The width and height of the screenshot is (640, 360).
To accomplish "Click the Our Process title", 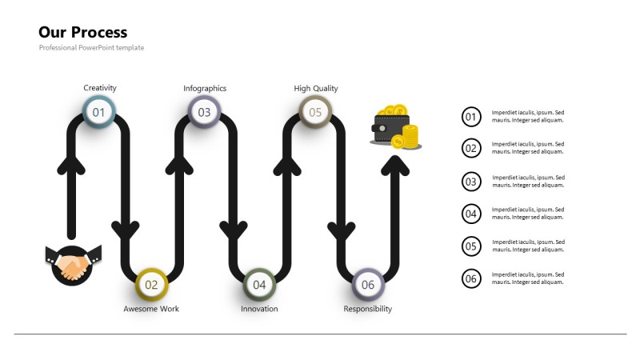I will coord(82,33).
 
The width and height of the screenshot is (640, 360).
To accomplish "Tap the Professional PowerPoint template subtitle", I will coord(91,48).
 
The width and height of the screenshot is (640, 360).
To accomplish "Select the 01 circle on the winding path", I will coord(98,112).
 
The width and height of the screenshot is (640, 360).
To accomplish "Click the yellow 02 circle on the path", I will coord(151,284).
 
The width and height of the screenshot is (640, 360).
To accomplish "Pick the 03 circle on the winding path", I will coord(204,112).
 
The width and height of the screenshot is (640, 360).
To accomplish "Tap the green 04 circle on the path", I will coord(259,284).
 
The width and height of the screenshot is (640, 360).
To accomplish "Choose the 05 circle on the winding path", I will coord(315,112).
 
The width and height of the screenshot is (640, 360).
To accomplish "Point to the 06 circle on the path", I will coord(368,284).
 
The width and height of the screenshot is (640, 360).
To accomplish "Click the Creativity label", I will coord(100,88).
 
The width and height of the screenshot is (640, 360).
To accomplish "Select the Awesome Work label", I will coord(151,309).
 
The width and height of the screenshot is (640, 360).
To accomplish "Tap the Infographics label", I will coord(205,88).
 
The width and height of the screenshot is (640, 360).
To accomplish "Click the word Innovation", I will coord(259,309).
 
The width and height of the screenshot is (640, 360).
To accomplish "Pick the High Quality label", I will coord(316,88).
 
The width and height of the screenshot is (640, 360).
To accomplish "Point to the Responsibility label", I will coord(368,309).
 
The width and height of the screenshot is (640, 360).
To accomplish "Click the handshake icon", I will coord(72,264).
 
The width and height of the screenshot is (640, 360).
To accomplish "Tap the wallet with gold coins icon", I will coord(395,128).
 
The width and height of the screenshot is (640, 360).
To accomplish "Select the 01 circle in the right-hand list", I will coord(471,117).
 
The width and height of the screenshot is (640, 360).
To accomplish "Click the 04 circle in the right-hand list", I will coord(471,214).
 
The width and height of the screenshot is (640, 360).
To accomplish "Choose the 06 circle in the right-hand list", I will coord(471,278).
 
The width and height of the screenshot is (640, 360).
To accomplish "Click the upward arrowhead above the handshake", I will coord(71,165).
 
